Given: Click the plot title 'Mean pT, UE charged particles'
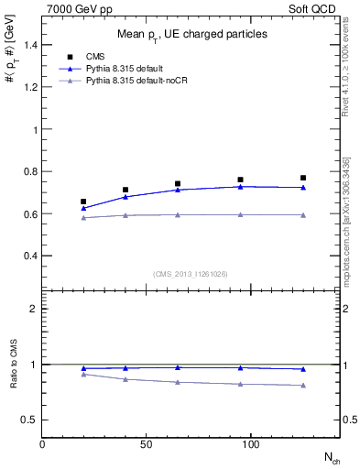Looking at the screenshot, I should tap(191, 34).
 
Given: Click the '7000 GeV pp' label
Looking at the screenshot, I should tap(74, 7).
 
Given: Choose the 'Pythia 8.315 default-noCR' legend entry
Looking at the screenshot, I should tap(136, 82).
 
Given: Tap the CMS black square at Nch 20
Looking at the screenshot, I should tap(84, 202).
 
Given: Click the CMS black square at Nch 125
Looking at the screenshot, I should tap(303, 178).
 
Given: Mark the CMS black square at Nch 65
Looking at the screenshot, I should tap(178, 184).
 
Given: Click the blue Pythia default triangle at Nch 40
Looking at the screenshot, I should tap(125, 197).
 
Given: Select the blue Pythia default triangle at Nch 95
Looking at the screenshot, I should tap(240, 186).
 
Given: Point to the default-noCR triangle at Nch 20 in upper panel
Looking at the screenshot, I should tap(84, 217).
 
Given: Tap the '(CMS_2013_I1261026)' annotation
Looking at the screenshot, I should tap(191, 274).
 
